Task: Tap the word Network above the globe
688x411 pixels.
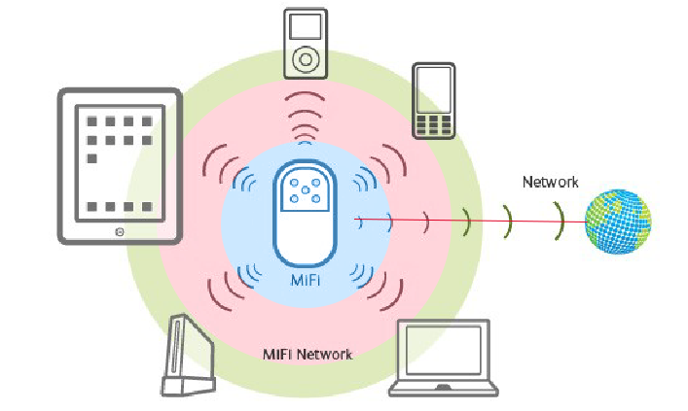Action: (x=550, y=182)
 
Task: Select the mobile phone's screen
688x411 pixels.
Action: (x=432, y=88)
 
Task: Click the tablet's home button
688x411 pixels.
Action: (x=119, y=232)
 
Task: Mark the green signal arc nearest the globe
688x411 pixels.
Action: (x=559, y=222)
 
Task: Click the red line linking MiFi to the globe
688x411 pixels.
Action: (x=467, y=222)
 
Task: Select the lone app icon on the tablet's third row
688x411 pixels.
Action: (x=91, y=157)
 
